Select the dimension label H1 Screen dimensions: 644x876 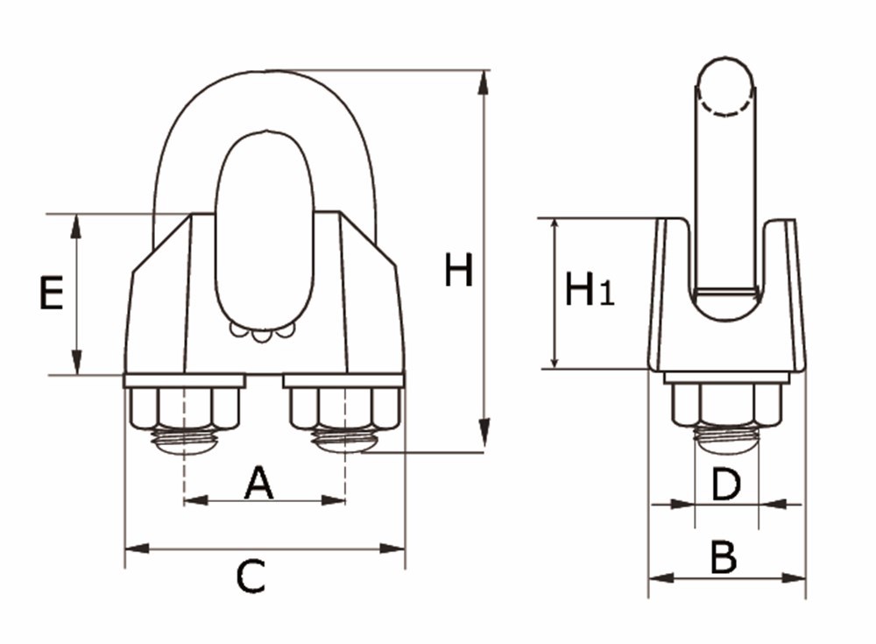tap(588, 290)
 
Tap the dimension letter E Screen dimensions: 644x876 tap(51, 294)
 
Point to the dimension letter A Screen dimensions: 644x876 tap(258, 483)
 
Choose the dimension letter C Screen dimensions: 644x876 tap(251, 577)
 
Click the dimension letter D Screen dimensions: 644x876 tap(725, 485)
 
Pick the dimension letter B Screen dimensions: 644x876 tap(723, 557)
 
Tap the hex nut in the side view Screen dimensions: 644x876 tap(726, 403)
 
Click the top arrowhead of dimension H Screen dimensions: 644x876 tap(483, 84)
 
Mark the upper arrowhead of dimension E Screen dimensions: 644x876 tap(76, 226)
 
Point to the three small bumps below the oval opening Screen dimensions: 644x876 tap(261, 332)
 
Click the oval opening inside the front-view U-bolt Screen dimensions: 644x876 tap(264, 232)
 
